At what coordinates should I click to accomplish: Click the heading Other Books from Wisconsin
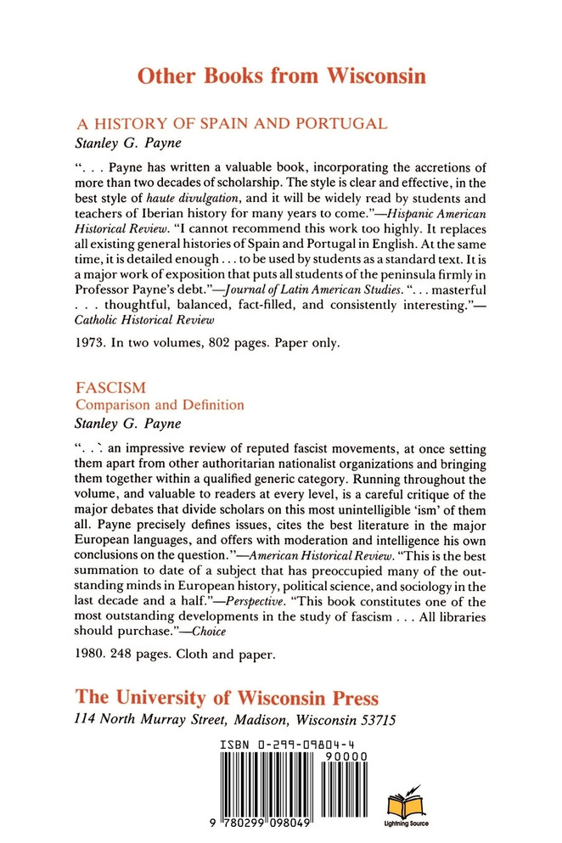(x=281, y=77)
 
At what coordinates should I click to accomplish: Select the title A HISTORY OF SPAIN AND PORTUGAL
(x=232, y=123)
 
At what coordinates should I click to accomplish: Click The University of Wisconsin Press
(x=227, y=697)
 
